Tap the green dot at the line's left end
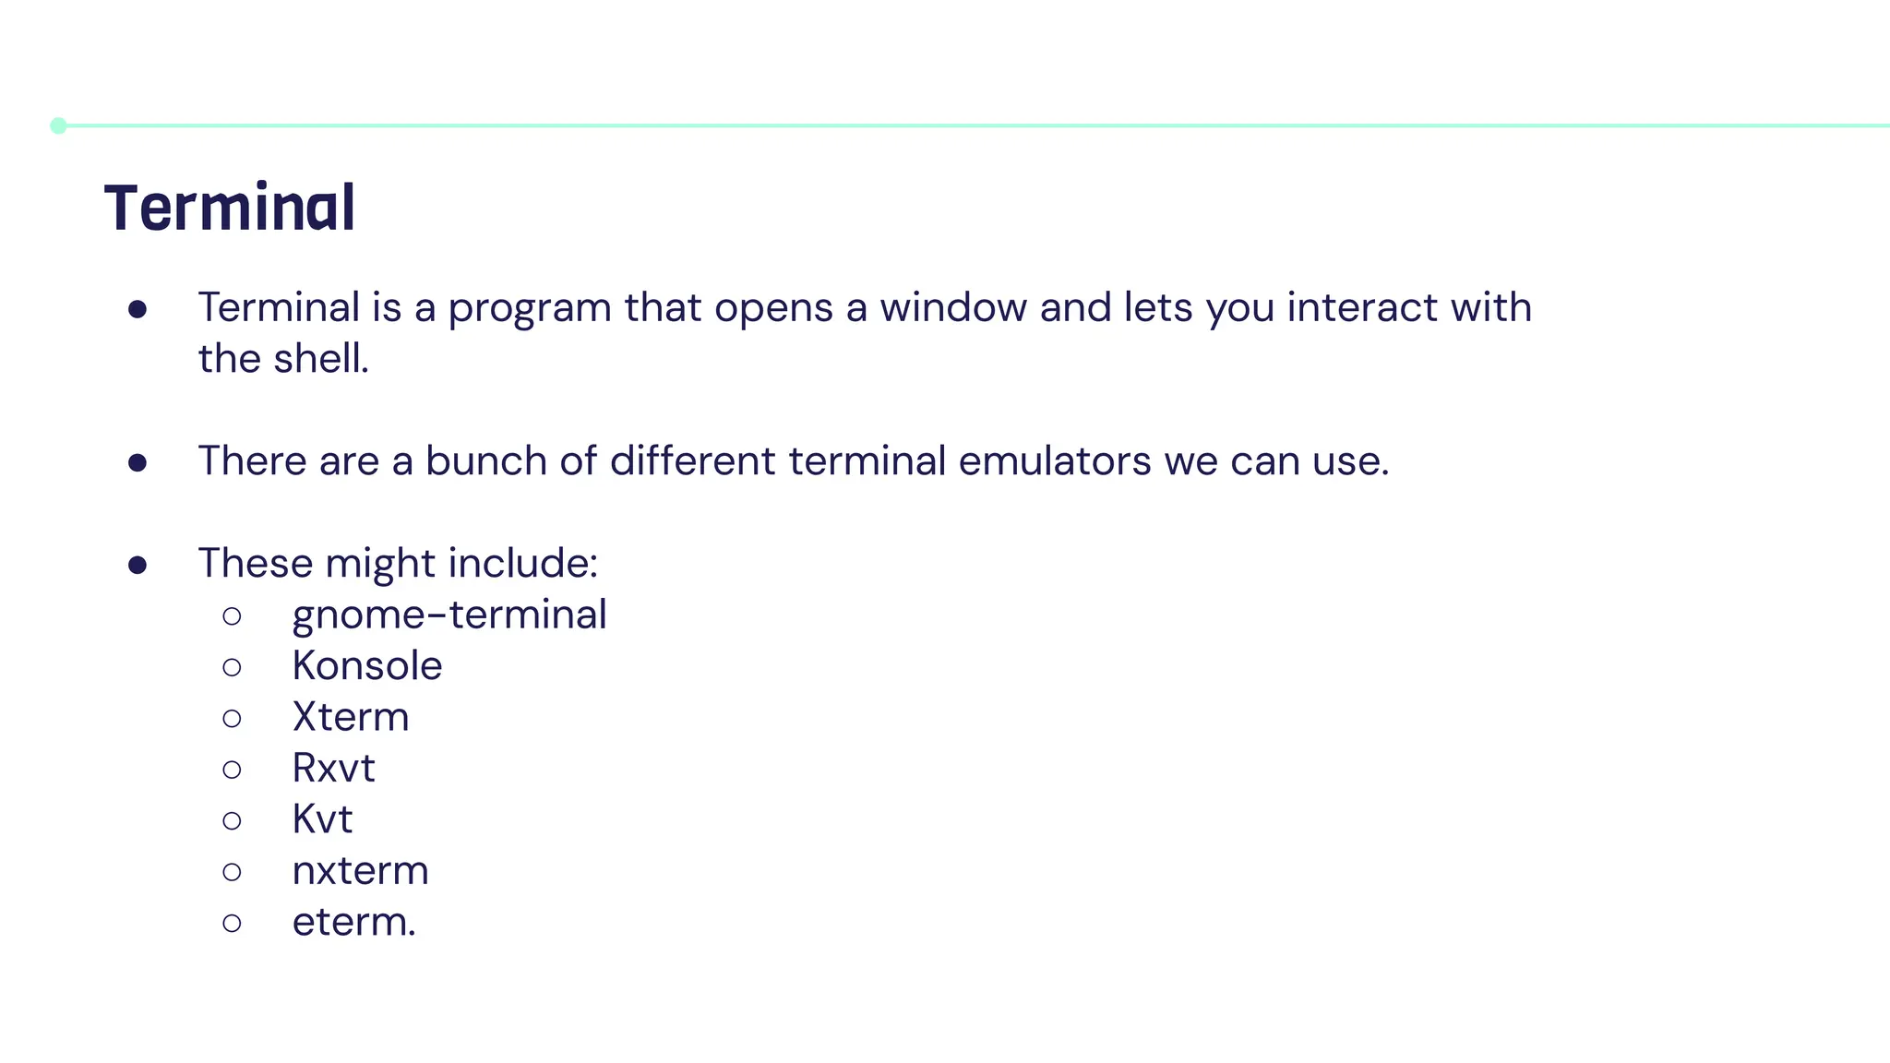click(58, 125)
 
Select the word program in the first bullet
click(529, 308)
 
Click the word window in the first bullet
click(952, 307)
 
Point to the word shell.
click(320, 359)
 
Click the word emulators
click(1054, 460)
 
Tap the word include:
click(522, 563)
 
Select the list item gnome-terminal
click(449, 615)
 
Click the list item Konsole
click(367, 666)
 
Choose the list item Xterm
click(351, 717)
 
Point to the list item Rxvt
click(333, 768)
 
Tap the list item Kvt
click(322, 819)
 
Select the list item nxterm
click(360, 871)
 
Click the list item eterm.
click(353, 922)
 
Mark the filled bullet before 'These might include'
click(138, 565)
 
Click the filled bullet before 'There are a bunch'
click(138, 462)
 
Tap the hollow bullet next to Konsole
click(232, 667)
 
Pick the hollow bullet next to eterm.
click(232, 923)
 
